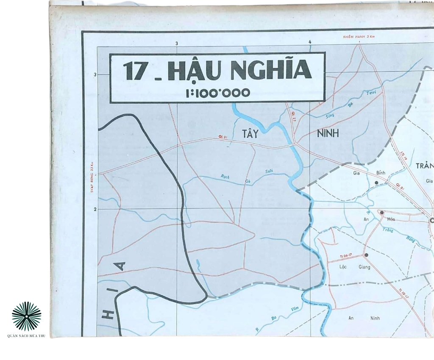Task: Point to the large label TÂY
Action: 250,135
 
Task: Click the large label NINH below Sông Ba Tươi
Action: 328,134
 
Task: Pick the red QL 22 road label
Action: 294,115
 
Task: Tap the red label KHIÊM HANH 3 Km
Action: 359,37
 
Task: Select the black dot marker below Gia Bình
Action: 376,183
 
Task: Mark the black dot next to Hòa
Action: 382,213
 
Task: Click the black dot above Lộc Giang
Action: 366,255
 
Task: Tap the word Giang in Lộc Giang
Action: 364,267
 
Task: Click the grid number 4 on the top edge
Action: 310,42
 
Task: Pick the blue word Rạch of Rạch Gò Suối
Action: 225,177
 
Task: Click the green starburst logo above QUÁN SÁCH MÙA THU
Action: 26,316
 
